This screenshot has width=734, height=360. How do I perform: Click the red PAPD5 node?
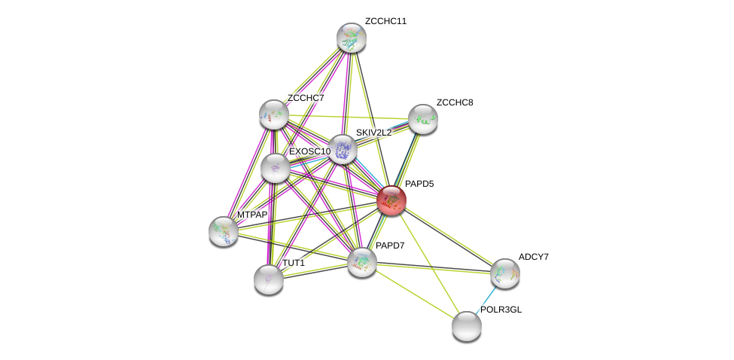pos(391,200)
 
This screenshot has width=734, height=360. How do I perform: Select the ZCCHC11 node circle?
pos(351,38)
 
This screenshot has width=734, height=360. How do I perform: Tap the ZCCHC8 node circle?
pos(422,118)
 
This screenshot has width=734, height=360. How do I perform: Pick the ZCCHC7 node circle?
pos(274,114)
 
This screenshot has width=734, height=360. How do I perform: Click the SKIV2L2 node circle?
pos(343,149)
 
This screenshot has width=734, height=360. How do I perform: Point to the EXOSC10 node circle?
pos(276,167)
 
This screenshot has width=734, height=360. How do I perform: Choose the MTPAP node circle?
pos(224,230)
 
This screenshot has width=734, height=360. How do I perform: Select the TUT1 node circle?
pos(269,279)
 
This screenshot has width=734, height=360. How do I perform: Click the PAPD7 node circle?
pos(362,261)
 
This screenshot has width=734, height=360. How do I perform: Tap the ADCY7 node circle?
pos(504,273)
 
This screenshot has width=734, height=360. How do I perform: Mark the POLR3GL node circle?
pos(467,325)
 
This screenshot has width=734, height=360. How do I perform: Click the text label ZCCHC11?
pos(385,21)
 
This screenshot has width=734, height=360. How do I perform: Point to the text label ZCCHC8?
pos(455,102)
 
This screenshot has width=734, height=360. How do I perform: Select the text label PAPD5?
pos(419,184)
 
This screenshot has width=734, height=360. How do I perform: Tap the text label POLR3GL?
pos(501,310)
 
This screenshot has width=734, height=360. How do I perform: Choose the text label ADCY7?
pos(534,257)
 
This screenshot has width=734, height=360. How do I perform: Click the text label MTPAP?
pos(252,215)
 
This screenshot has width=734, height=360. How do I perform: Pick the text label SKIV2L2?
pos(373,133)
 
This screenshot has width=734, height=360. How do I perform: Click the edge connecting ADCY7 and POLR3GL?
pos(486,298)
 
